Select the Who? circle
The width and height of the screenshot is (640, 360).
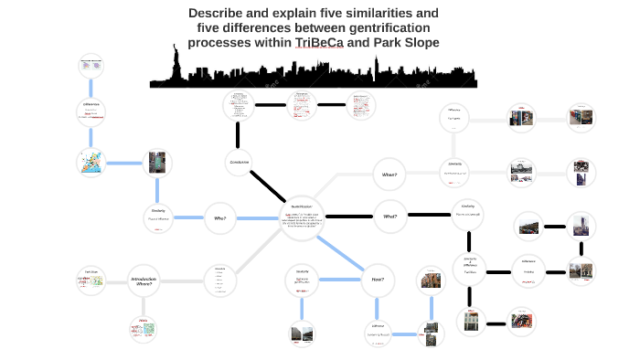click(220, 217)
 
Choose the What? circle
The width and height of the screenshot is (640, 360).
click(390, 217)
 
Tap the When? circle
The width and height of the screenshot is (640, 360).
click(389, 173)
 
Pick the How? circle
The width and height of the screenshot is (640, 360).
click(378, 279)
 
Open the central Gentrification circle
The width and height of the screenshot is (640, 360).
click(301, 217)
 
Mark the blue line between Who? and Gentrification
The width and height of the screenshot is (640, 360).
click(258, 217)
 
